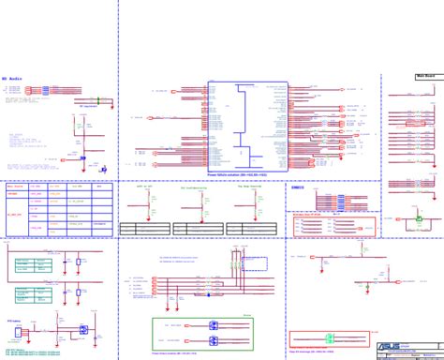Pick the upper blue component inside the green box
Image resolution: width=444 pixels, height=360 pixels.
[x=215, y=322]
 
